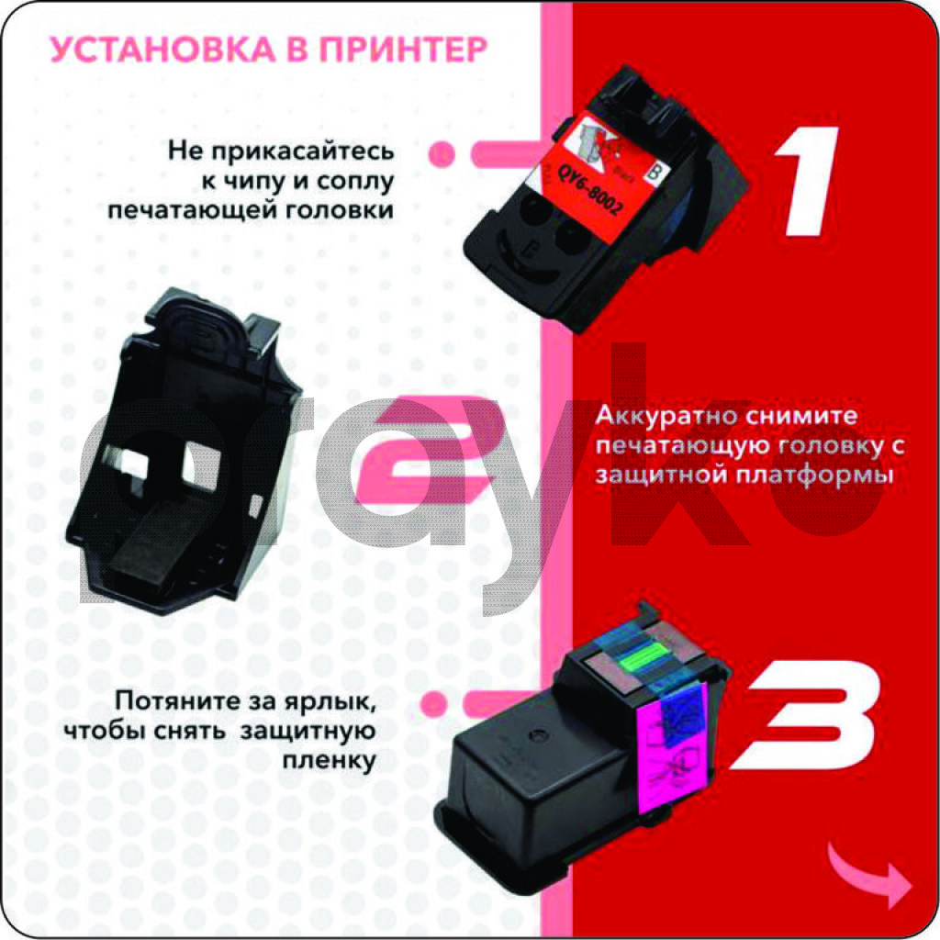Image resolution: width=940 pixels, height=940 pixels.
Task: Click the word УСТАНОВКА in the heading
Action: coord(162,50)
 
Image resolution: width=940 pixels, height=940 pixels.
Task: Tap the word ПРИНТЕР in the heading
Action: coord(404,50)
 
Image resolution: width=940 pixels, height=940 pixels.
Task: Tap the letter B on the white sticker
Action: coord(655,173)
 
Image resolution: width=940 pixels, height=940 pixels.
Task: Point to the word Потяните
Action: coord(177,699)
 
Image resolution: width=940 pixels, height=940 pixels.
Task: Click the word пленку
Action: coord(330,760)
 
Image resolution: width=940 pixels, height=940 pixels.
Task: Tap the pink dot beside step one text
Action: coord(442,154)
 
